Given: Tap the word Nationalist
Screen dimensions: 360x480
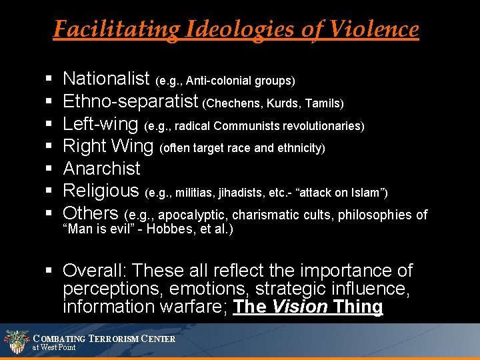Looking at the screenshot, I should coord(106,79).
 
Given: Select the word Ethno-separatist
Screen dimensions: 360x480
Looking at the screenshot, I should coord(131,102).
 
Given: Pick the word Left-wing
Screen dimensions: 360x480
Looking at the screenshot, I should coord(100,124).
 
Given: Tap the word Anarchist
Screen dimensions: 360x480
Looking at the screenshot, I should coord(101,169).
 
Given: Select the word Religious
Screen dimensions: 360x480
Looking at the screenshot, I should coord(101,191).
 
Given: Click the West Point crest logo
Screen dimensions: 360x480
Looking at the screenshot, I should coord(16,341).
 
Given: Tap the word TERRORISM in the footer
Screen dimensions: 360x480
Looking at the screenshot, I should coord(121,339).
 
